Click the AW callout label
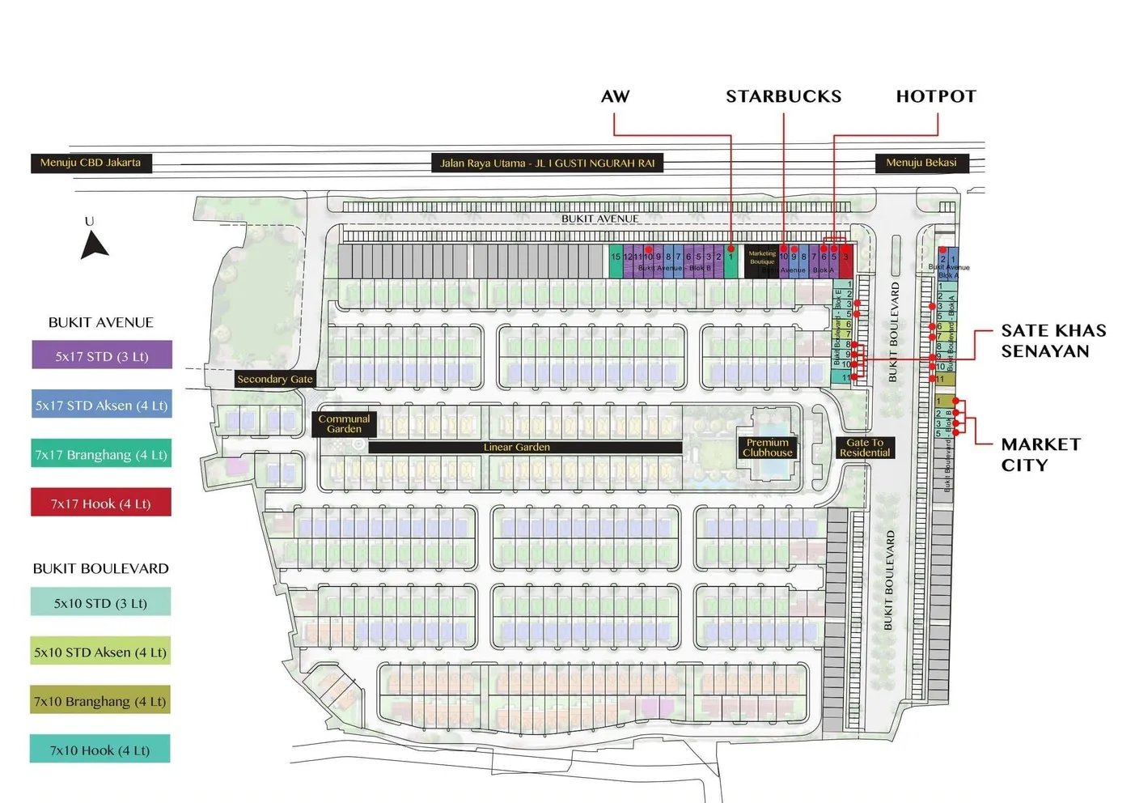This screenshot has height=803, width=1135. tap(615, 96)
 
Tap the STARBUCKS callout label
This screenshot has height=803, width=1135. tap(783, 96)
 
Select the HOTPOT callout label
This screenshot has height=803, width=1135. tap(936, 96)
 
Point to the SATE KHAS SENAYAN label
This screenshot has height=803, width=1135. tap(1052, 341)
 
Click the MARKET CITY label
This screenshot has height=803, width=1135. tap(1040, 454)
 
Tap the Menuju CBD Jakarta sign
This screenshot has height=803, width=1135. tap(91, 163)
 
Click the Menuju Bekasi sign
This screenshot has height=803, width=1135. tap(921, 163)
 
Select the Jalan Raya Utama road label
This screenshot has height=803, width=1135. tap(548, 164)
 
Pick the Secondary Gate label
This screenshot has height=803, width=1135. tap(274, 379)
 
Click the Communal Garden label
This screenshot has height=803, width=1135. tap(344, 424)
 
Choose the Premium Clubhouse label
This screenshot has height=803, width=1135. tap(767, 448)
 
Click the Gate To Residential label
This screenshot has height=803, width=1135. tap(864, 448)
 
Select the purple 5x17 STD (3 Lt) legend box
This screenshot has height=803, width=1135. tap(102, 355)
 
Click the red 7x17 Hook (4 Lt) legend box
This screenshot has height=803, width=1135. tap(101, 503)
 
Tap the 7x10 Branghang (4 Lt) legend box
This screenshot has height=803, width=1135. tap(100, 701)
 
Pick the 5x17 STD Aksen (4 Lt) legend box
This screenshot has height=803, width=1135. tap(102, 405)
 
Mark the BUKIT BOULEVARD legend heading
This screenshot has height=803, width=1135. tap(101, 568)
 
